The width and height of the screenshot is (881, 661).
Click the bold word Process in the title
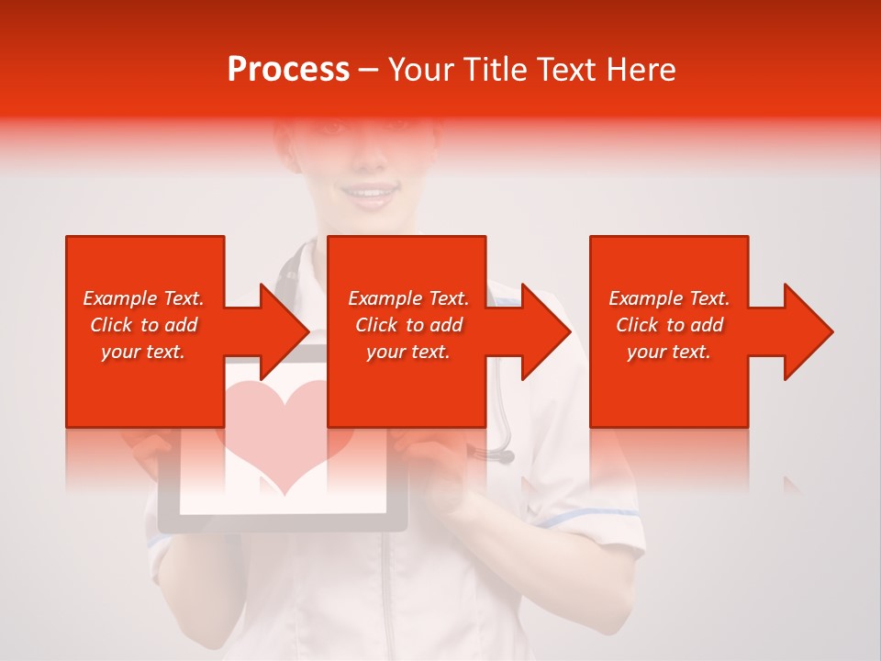coord(288,70)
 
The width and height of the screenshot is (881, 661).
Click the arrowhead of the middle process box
coord(548,331)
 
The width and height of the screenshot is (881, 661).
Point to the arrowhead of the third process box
coord(809,331)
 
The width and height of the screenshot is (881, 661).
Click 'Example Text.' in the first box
coord(144,298)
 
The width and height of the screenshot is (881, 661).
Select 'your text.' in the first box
coord(144,352)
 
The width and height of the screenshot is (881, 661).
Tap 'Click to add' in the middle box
coord(408,325)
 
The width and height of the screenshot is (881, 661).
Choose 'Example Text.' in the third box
coord(669,298)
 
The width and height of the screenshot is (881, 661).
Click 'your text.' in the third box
coord(669,352)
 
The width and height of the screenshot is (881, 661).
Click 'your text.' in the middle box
coord(408,352)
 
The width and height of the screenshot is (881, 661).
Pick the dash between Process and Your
coord(369,70)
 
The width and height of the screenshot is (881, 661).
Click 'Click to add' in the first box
coord(144,325)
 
